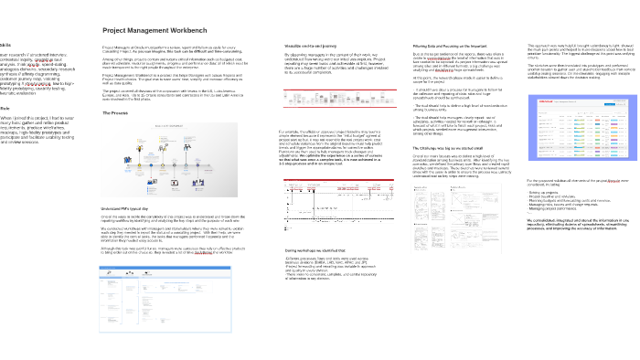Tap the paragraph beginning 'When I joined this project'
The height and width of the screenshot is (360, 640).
click(32, 132)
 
